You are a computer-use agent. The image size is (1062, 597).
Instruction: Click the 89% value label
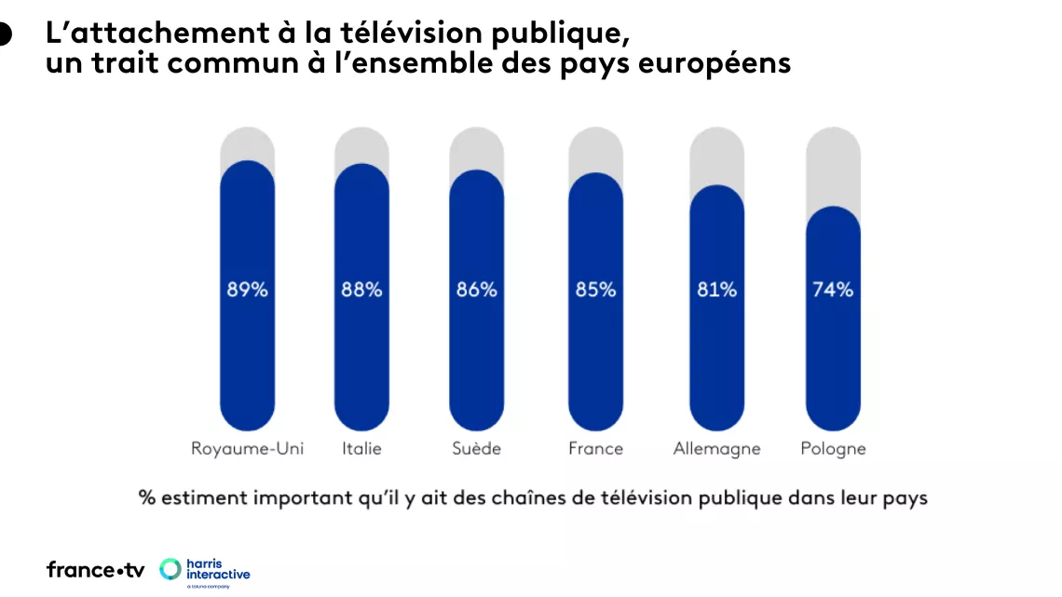point(247,290)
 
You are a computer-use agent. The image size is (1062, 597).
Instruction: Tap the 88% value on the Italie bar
point(361,290)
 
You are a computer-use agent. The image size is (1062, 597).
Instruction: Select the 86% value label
point(476,290)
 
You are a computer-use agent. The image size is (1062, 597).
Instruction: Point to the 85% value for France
point(595,290)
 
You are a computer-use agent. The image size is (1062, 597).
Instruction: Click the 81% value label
point(716,290)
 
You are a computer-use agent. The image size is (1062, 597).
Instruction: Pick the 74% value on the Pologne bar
point(833,290)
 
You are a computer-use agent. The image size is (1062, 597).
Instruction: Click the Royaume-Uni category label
point(247,449)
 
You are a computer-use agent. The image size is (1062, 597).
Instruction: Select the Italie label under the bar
point(361,449)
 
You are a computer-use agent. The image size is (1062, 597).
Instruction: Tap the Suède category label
point(476,449)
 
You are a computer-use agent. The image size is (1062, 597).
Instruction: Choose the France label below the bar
point(595,449)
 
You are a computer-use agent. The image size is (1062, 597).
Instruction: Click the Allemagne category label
point(716,449)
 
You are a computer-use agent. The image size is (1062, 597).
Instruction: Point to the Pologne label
point(833,449)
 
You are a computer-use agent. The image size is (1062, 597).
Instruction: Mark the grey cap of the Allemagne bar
point(716,155)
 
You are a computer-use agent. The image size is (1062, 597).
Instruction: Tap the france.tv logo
point(95,570)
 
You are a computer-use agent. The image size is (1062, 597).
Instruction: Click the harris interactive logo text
point(218,570)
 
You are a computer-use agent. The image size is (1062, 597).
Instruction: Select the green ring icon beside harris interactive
point(170,569)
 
